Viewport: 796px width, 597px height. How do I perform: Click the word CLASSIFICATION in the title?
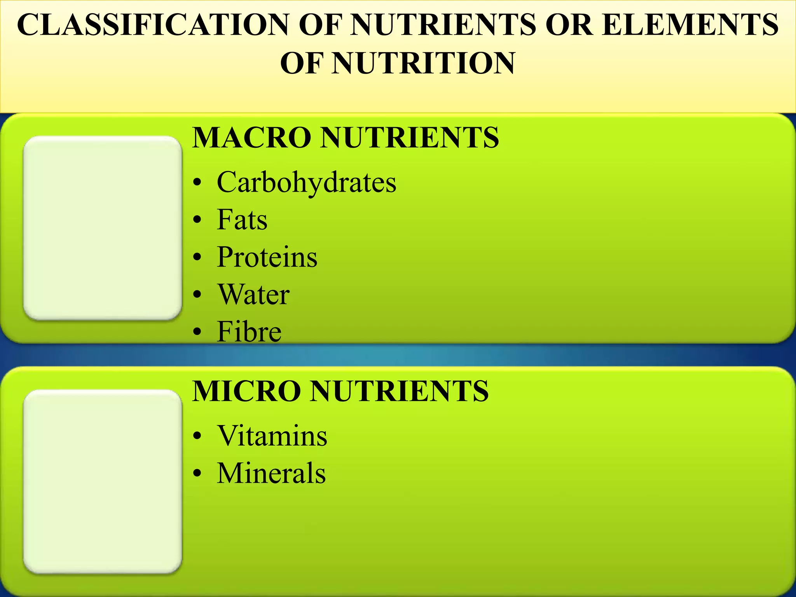(153, 25)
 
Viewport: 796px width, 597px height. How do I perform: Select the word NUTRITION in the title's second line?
(424, 63)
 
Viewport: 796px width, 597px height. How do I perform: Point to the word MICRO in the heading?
(246, 391)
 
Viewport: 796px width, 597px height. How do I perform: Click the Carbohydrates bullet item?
(306, 182)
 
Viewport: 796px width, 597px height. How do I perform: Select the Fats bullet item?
(242, 220)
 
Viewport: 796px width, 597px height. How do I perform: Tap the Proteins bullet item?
(267, 257)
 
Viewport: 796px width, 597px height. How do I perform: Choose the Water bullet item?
(253, 294)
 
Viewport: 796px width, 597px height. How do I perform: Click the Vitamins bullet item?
(272, 436)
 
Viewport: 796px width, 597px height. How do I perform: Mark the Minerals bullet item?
(271, 473)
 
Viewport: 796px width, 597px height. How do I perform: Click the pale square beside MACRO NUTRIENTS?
(103, 228)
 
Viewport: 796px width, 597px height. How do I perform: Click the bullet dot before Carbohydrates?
(198, 183)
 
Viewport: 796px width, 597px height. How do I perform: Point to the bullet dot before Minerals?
(198, 474)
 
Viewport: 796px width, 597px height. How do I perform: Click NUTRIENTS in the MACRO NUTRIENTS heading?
(409, 138)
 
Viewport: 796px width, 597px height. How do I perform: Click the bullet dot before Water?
(198, 295)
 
